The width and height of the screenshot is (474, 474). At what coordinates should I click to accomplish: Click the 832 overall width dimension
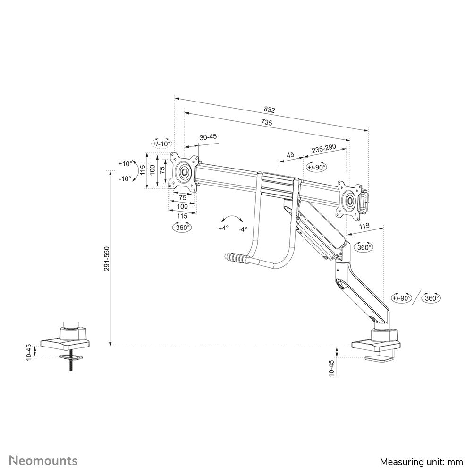269,109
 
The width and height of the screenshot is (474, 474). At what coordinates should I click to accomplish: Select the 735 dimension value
267,122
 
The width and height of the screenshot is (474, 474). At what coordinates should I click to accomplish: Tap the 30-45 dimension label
208,137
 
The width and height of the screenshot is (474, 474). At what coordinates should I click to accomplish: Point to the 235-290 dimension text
323,149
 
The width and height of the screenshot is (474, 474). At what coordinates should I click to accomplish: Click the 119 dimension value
364,227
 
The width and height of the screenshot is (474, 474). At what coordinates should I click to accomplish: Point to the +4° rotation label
223,228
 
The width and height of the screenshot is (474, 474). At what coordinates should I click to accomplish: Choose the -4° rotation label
242,229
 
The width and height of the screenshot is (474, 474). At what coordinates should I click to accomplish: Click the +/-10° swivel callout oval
161,144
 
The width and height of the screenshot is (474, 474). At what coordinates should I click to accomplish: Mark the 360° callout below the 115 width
182,227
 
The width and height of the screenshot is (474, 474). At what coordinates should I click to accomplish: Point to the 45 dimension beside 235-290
291,155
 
